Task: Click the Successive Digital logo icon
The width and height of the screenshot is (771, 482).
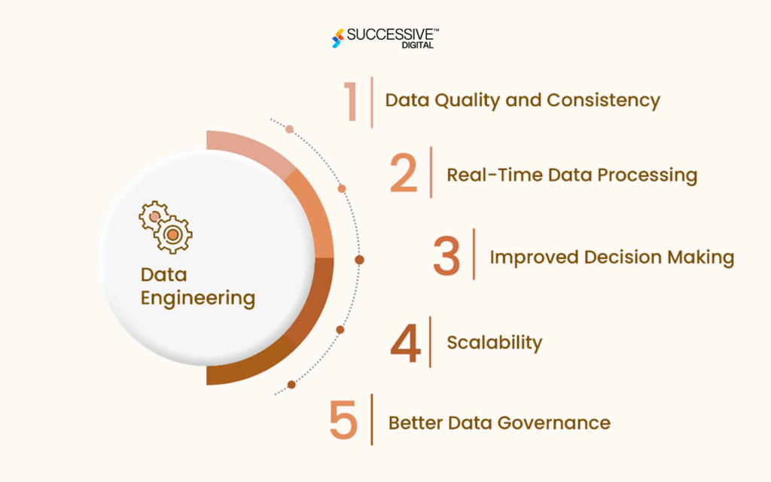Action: click(x=338, y=38)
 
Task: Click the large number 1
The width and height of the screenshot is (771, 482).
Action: click(x=351, y=101)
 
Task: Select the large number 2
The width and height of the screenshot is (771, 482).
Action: click(x=404, y=173)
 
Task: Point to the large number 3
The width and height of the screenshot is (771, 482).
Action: click(x=446, y=255)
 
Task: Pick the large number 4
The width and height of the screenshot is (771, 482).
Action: click(x=405, y=343)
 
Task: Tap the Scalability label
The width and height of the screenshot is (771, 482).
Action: click(x=495, y=343)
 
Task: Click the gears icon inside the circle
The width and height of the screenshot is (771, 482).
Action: click(x=165, y=226)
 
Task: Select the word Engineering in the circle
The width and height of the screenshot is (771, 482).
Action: click(x=198, y=298)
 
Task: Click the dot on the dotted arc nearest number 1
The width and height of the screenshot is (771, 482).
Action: click(x=290, y=129)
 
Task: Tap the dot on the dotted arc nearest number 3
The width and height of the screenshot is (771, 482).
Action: click(x=359, y=259)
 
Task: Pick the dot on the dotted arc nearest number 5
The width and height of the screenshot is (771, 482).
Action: click(x=291, y=384)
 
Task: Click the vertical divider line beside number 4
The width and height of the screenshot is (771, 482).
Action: click(x=431, y=342)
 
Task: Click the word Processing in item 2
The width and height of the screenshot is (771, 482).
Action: click(x=647, y=175)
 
